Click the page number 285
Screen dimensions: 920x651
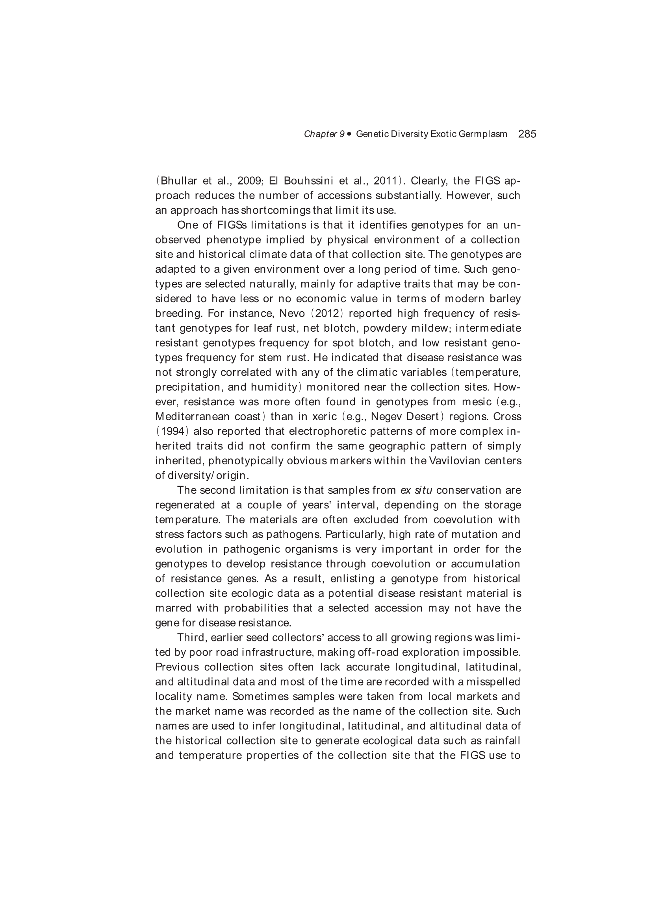point(527,134)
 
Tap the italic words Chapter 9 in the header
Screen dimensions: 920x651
point(324,134)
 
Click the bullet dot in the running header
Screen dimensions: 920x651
point(349,134)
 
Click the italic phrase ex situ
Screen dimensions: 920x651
point(416,490)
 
